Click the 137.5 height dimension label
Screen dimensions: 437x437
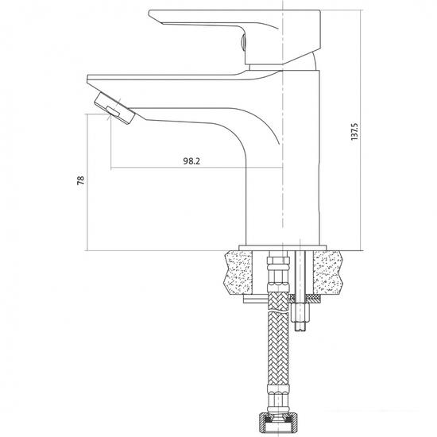pyautogui.click(x=354, y=131)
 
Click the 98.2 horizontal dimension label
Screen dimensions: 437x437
pyautogui.click(x=191, y=161)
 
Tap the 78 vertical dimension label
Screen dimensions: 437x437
pyautogui.click(x=80, y=180)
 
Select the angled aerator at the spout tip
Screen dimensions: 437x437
pyautogui.click(x=114, y=108)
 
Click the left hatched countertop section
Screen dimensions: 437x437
pyautogui.click(x=239, y=273)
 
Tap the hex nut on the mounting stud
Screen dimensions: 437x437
pyautogui.click(x=300, y=312)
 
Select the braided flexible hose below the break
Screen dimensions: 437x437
pyautogui.click(x=277, y=348)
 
